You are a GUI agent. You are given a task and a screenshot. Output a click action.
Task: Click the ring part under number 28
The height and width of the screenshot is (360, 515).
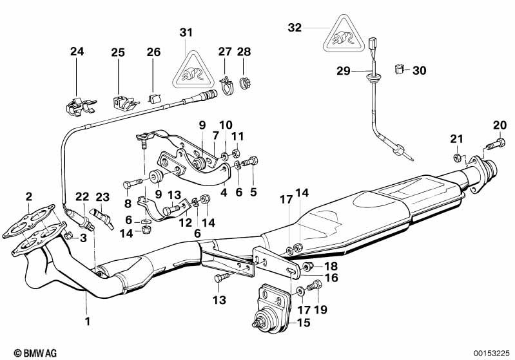click(244, 82)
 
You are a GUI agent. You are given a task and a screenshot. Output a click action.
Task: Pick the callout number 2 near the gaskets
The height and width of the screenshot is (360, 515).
click(29, 196)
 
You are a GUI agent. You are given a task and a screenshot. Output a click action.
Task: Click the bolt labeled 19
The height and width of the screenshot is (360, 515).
click(315, 287)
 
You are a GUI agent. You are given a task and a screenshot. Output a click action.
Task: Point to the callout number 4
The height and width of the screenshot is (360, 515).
click(224, 191)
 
